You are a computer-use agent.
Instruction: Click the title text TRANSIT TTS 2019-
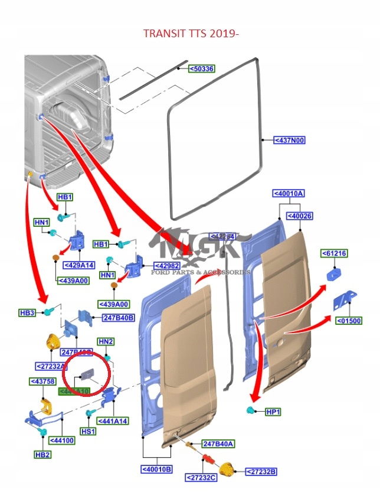click(x=190, y=34)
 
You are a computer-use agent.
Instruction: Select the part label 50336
click(x=201, y=69)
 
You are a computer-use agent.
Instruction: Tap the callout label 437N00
click(x=289, y=140)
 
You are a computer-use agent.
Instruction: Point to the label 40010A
click(x=289, y=193)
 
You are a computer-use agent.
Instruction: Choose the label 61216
click(x=334, y=253)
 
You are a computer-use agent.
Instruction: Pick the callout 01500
click(x=349, y=321)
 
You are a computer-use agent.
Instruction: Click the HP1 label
click(x=273, y=411)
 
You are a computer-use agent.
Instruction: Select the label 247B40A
click(x=218, y=444)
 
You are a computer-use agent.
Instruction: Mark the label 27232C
click(x=201, y=477)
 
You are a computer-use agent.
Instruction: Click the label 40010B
click(x=156, y=470)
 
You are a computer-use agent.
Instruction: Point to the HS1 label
click(x=89, y=431)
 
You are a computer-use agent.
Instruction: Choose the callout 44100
click(x=62, y=440)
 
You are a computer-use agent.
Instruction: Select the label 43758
click(x=42, y=382)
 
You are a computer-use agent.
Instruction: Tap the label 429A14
click(x=79, y=265)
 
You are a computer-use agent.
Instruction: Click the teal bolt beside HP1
click(x=251, y=410)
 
